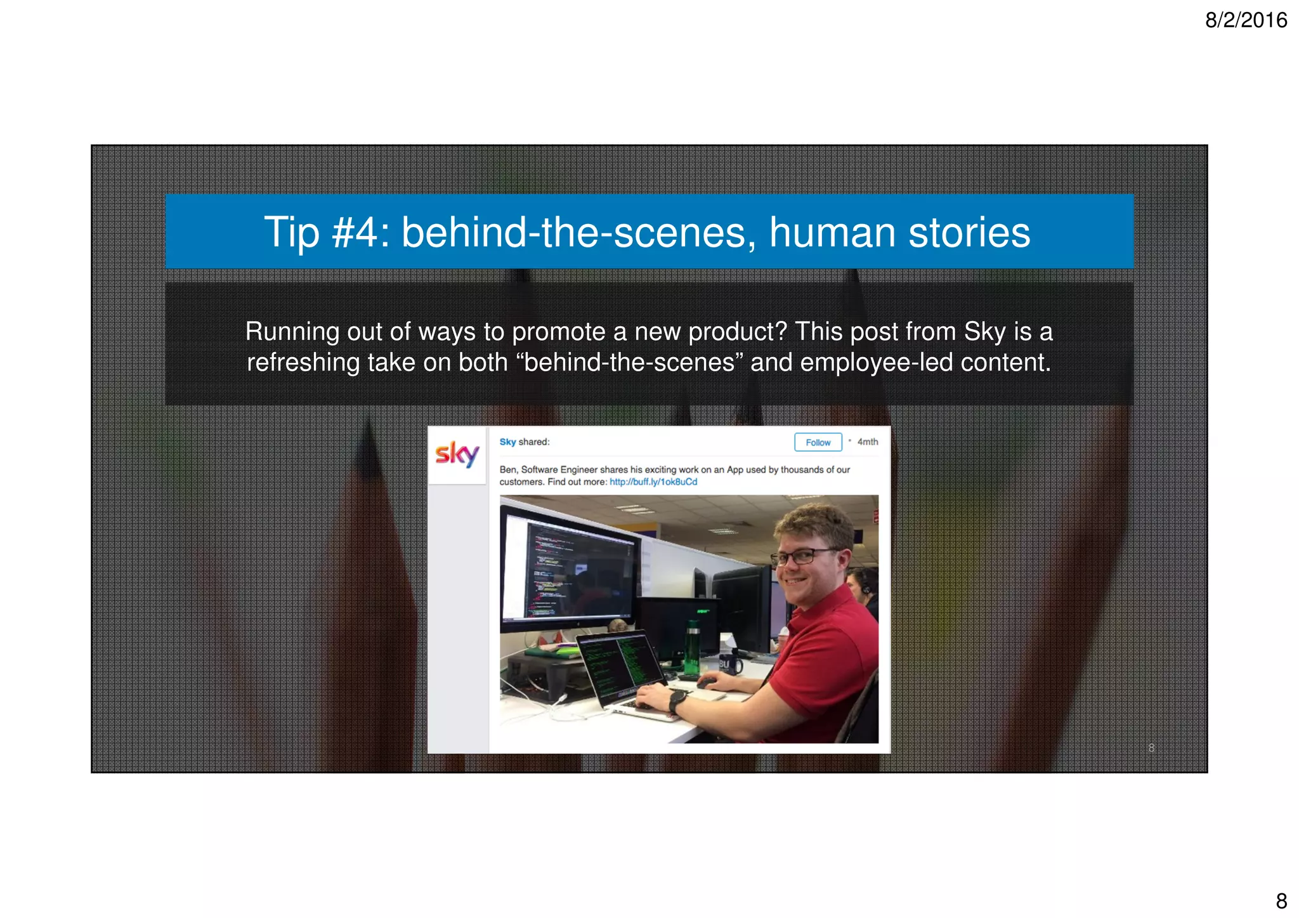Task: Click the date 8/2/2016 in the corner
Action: pos(1245,20)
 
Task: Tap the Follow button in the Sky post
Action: pos(818,442)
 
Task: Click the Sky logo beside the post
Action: pos(457,454)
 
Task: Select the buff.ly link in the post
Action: pos(653,482)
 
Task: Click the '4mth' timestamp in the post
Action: pos(868,442)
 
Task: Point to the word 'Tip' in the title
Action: pos(291,232)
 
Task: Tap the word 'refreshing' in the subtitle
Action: pos(303,363)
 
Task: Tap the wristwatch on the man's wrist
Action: pos(677,702)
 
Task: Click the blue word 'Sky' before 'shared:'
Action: pos(507,442)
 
